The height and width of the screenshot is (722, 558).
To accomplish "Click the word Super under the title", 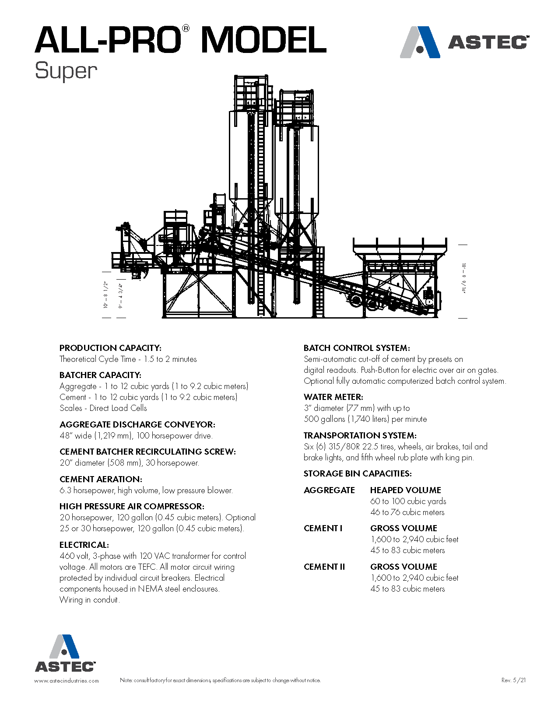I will [x=66, y=71].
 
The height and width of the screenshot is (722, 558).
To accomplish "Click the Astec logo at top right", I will [x=464, y=42].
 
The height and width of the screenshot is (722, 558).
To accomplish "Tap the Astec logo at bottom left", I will [x=65, y=653].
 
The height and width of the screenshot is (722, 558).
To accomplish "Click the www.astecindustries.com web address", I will [x=67, y=680].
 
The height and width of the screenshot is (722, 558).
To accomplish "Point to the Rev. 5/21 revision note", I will [x=513, y=680].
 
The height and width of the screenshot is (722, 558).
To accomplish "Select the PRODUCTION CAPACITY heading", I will [x=110, y=348].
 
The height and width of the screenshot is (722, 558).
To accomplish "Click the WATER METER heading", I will [x=333, y=397].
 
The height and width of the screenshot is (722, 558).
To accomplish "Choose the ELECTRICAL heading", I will [x=84, y=545].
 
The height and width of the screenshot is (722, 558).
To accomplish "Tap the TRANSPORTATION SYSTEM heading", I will [x=360, y=435].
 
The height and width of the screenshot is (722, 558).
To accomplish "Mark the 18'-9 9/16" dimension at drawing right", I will [x=463, y=279].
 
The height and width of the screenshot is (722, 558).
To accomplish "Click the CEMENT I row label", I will [x=323, y=528].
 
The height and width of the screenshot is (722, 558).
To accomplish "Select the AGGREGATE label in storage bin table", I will [x=329, y=490].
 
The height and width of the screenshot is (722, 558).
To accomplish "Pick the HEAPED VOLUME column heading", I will [x=405, y=490].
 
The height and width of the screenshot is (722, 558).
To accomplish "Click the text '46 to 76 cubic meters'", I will [x=407, y=512].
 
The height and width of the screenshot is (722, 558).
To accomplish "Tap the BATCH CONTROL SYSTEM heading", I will [x=357, y=348].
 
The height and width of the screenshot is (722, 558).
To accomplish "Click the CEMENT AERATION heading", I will [x=101, y=479].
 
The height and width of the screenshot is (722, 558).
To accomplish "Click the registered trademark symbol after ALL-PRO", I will [x=186, y=28].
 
